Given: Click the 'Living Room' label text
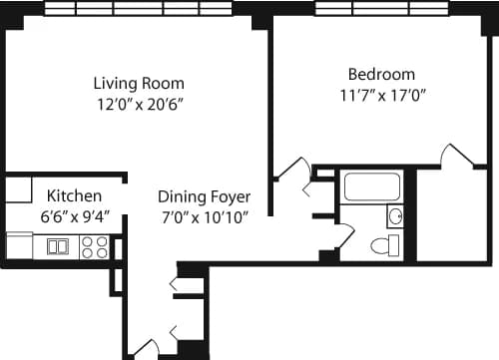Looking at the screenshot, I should coord(139,83).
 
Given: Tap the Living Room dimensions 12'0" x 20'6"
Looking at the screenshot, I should coord(139,103).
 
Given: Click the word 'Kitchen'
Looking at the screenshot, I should coord(72,194).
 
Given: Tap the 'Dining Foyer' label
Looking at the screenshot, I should coord(204,196).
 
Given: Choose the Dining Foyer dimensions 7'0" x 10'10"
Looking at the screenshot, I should coord(204,216).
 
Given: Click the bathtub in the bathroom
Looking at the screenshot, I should coord(370,186).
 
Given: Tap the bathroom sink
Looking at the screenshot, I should coord(394,215).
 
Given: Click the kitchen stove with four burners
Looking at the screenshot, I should coord(94,246).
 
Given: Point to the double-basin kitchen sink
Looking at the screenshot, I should coord(58,246).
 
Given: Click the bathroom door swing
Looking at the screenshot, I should coord(345,235).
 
